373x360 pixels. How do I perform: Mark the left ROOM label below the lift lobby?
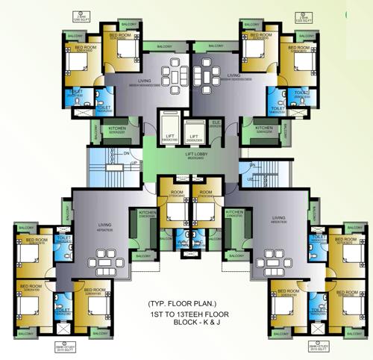(177, 192)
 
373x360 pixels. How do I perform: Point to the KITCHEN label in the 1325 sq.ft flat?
(263, 128)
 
